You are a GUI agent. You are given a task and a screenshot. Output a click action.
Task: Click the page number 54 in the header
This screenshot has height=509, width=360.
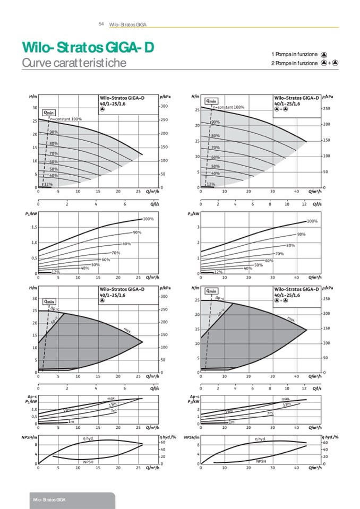coord(101,24)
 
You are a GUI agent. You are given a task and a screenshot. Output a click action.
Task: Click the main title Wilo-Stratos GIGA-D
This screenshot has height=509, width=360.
coord(88,48)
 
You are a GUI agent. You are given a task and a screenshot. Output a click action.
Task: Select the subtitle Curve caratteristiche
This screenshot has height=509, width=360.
coord(74,63)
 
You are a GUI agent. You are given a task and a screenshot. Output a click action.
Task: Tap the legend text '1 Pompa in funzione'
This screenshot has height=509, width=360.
coord(294,54)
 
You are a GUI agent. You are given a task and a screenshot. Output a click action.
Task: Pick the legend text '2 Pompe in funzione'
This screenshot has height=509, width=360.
coord(294,63)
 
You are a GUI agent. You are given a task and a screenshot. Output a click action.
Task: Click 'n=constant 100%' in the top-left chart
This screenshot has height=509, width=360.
coord(66,119)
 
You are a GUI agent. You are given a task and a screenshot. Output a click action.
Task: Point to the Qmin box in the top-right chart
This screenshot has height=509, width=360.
coord(211,100)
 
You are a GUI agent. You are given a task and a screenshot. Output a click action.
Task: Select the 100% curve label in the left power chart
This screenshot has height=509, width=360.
coord(148,219)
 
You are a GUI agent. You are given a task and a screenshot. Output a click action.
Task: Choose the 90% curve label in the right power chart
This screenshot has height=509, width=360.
coord(301,234)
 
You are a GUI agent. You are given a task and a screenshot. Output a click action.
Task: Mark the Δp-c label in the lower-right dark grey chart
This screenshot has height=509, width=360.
coord(219,299)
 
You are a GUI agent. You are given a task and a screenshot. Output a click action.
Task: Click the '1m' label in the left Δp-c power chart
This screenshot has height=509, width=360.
coord(71,421)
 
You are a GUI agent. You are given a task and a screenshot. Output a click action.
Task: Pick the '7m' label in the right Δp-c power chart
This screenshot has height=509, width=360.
coord(269,413)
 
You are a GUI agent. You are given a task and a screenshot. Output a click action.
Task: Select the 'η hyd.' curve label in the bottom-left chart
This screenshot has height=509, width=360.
coord(89,438)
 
